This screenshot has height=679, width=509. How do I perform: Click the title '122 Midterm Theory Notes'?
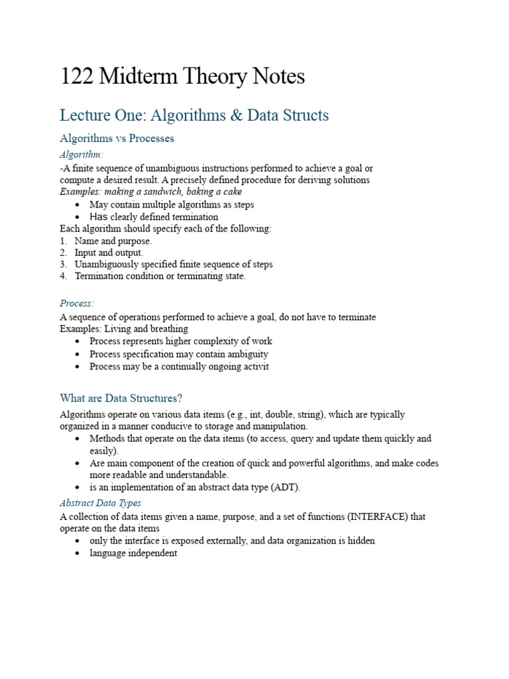tap(182, 77)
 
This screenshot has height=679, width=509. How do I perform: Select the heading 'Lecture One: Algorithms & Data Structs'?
tap(194, 115)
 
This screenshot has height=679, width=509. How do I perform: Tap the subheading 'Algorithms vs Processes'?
tap(117, 139)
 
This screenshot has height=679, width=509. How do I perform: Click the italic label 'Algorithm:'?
tap(82, 154)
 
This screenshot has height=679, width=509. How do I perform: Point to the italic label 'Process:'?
tap(77, 304)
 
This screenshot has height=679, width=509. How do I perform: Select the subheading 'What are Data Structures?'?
tap(121, 398)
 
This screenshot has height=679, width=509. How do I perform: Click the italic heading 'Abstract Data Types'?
tap(100, 503)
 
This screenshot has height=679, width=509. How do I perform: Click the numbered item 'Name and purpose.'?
tap(113, 241)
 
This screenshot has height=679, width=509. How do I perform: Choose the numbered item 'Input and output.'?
tap(109, 253)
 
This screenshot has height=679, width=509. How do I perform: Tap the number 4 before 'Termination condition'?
tap(63, 277)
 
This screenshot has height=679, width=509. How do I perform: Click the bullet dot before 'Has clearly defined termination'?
tap(78, 217)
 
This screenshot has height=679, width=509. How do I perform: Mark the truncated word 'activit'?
tap(254, 367)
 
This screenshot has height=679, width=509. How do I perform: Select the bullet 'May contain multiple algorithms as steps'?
tap(172, 205)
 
